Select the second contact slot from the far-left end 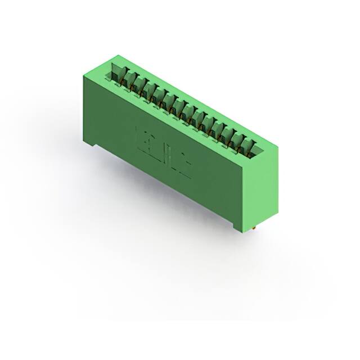point(129,80)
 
